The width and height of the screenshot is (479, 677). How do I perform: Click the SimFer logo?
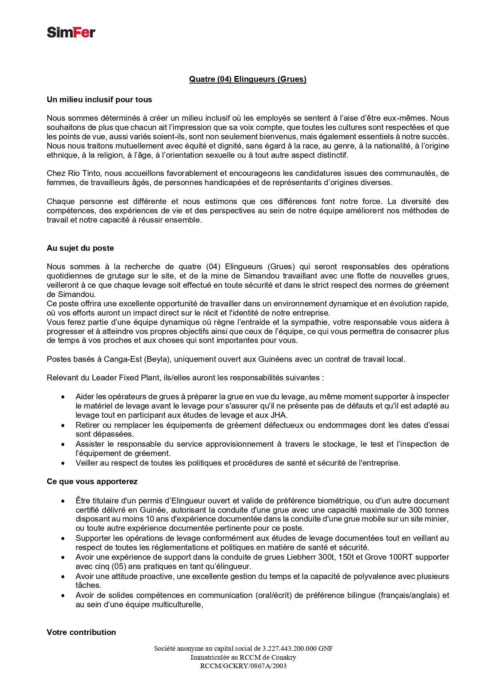(x=71, y=32)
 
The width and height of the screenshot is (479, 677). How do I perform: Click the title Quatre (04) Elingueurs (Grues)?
(x=247, y=79)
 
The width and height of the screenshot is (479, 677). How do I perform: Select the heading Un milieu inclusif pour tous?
(x=99, y=100)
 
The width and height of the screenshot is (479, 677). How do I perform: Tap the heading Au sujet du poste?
(x=80, y=248)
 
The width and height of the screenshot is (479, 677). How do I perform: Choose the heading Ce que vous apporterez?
(x=92, y=481)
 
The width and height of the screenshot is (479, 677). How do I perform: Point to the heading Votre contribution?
(x=81, y=632)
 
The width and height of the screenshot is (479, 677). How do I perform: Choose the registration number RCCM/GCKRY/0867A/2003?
(x=243, y=665)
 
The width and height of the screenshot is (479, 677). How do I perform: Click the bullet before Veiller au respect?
(x=63, y=463)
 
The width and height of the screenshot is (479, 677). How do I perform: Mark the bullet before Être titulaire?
(x=63, y=501)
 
